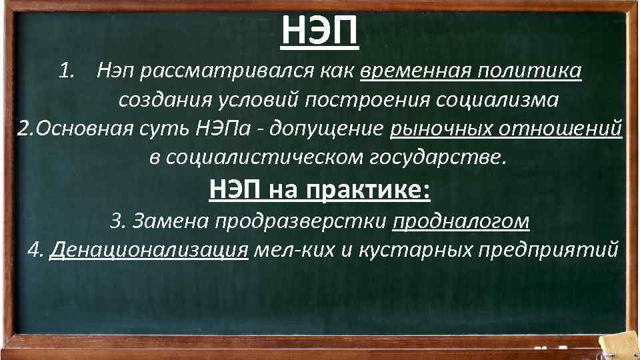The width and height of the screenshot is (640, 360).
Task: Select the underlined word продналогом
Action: coord(461,221)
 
